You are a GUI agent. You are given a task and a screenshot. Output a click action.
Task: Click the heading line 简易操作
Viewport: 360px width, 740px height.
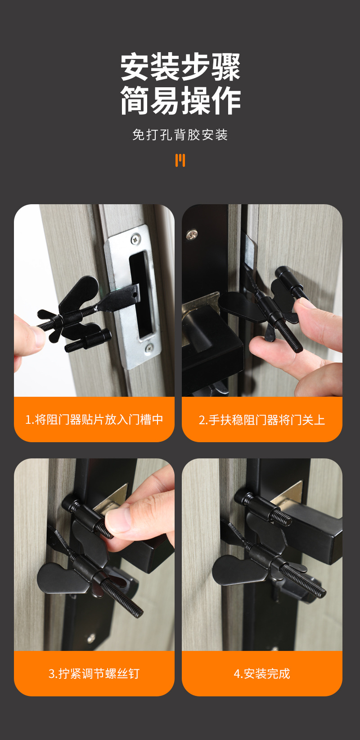point(180,101)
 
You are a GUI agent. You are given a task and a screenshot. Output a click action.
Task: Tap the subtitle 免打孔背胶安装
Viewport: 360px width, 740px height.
point(180,135)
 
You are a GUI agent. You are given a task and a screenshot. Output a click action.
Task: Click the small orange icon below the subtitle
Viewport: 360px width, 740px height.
point(180,160)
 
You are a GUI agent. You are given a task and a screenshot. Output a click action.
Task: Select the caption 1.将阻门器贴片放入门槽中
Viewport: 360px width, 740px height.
point(94,420)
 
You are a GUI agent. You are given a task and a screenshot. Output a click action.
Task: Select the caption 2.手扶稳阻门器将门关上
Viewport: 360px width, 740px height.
point(262,420)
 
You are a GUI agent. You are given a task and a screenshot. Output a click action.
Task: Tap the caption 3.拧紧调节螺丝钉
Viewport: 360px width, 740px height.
point(94,673)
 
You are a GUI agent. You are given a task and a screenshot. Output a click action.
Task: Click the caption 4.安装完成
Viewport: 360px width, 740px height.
point(262,673)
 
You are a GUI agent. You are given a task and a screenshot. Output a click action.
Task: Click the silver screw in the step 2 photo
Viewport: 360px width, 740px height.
point(192,234)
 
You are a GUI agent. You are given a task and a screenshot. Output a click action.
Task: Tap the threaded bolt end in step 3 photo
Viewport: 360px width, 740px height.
point(130,603)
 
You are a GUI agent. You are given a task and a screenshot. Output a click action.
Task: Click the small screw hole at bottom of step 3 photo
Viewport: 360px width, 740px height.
point(91,637)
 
